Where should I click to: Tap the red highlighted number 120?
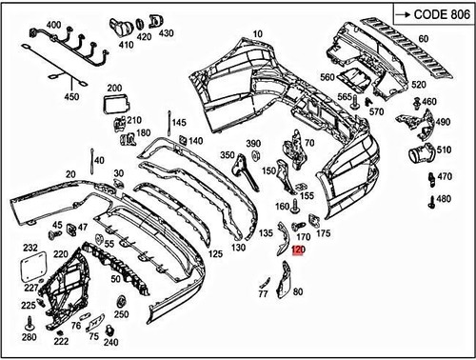coord(299,251)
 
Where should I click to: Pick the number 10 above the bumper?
coord(258,33)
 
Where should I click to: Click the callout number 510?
coord(444,150)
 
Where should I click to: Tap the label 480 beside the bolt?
coord(442,199)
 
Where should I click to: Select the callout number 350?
coord(227,154)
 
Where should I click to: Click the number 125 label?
coord(216,254)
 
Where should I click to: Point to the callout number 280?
coord(29,337)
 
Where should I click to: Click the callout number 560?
coord(327,77)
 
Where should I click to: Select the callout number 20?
coord(70,174)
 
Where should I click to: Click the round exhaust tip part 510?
coord(418,153)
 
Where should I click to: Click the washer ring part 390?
coord(253,157)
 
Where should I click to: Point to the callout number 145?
coord(180,124)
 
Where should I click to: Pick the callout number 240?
coord(111,342)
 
